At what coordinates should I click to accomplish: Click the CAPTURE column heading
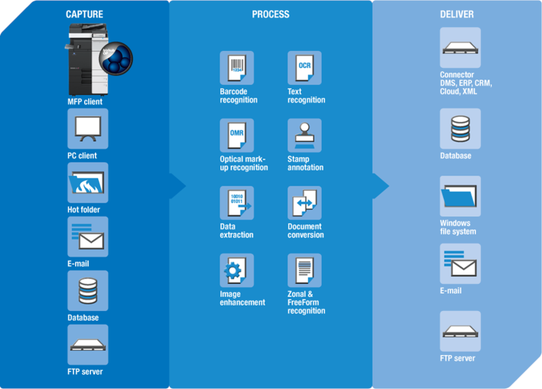tap(85, 14)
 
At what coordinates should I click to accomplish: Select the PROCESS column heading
tap(270, 14)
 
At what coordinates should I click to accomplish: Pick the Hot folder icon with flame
tap(87, 183)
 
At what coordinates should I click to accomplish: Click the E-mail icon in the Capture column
tap(87, 237)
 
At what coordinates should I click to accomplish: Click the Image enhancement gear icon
tap(236, 270)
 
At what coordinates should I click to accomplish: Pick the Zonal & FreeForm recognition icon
tap(304, 270)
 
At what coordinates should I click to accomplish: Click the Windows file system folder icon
tap(460, 197)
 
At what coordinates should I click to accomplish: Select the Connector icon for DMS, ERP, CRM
tap(460, 47)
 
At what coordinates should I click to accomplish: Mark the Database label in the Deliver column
tap(455, 156)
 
